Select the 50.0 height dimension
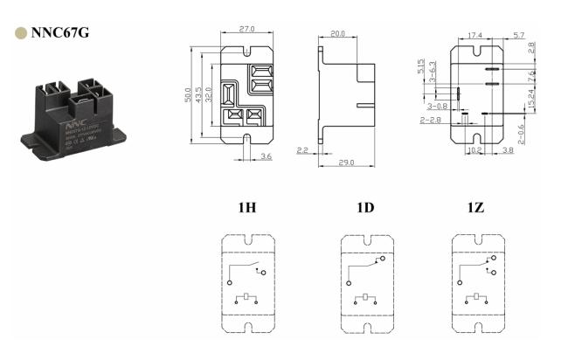(x=188, y=91)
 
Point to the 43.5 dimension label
(x=199, y=91)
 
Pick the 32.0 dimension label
(x=210, y=91)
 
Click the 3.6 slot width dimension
(x=267, y=156)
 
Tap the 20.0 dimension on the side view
(x=336, y=34)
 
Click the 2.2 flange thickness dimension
(x=302, y=150)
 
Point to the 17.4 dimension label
(x=474, y=35)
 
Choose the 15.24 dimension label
(x=530, y=101)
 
